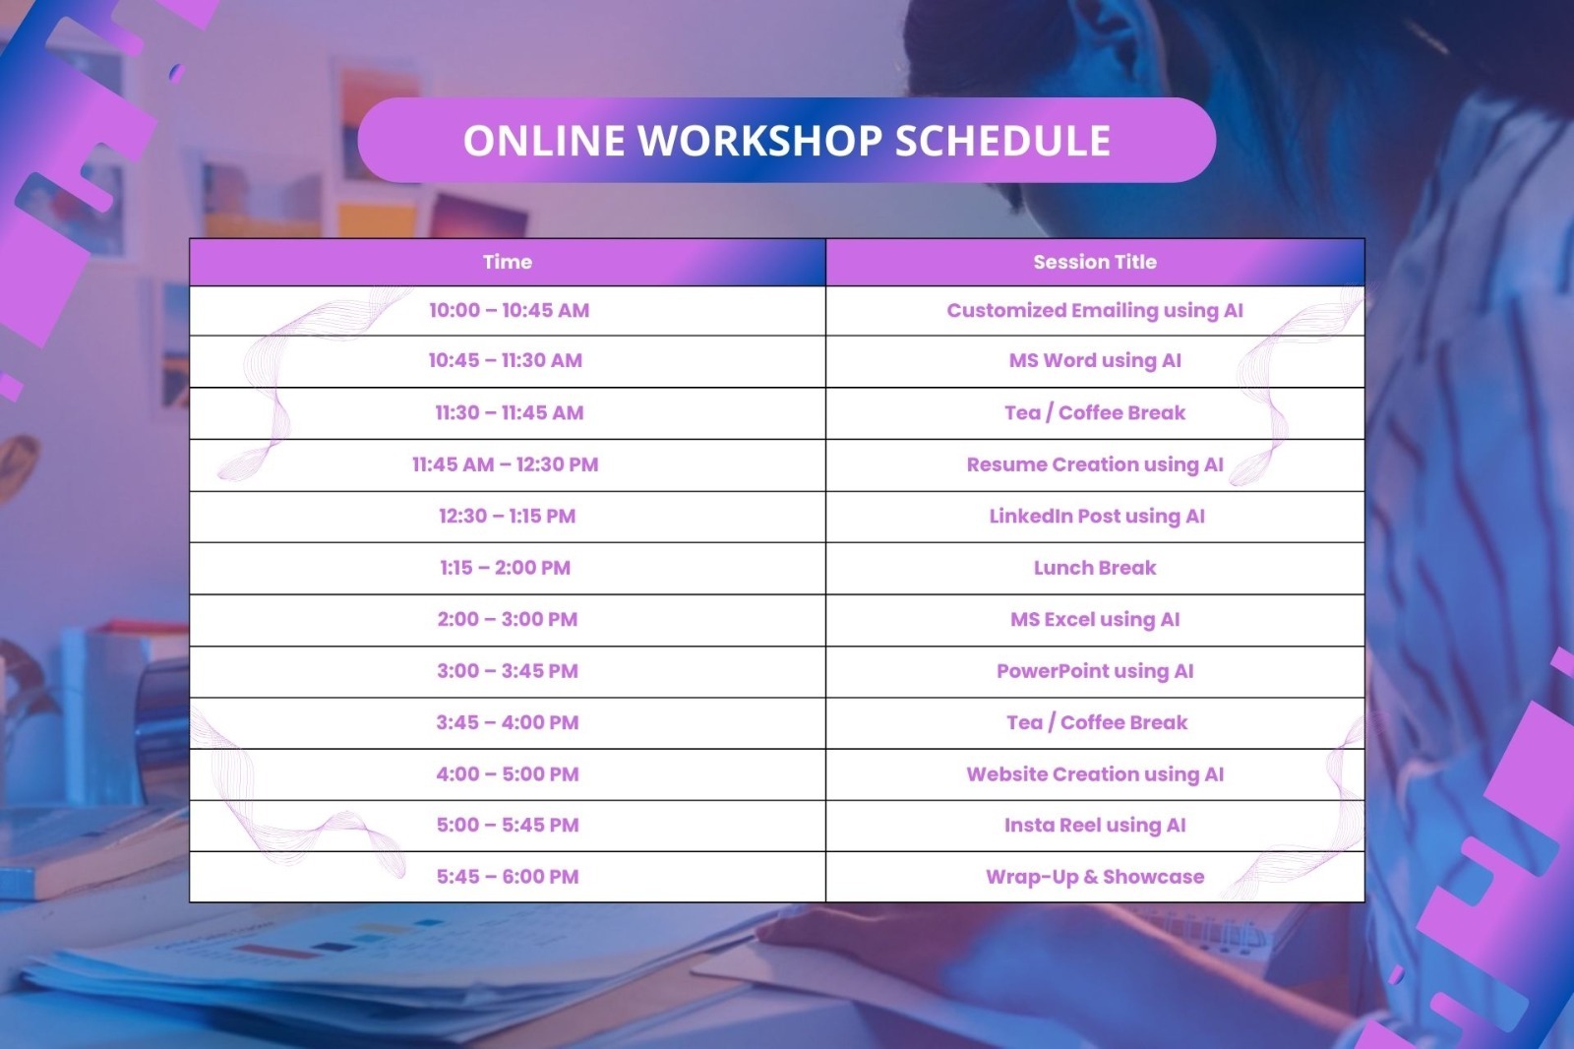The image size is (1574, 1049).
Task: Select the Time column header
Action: (508, 262)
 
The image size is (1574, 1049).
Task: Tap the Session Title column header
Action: (1095, 262)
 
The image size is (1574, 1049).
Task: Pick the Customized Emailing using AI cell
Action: (1095, 311)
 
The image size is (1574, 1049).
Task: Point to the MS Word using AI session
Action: (1095, 361)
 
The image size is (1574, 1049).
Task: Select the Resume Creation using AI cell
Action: (1095, 464)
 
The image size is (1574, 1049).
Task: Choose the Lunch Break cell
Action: (1095, 568)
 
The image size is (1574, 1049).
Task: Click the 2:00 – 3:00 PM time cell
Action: (508, 619)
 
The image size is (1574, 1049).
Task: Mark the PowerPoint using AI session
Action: (1095, 671)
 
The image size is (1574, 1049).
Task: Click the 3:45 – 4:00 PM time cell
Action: (508, 722)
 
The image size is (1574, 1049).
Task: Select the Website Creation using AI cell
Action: (1095, 774)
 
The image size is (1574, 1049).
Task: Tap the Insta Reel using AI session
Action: (1095, 826)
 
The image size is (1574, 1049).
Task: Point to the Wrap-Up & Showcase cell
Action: (1095, 877)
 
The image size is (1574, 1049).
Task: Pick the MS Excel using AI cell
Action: (1095, 619)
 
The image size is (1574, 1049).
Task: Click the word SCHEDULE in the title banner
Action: (1002, 140)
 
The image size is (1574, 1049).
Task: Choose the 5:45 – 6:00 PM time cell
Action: (508, 877)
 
